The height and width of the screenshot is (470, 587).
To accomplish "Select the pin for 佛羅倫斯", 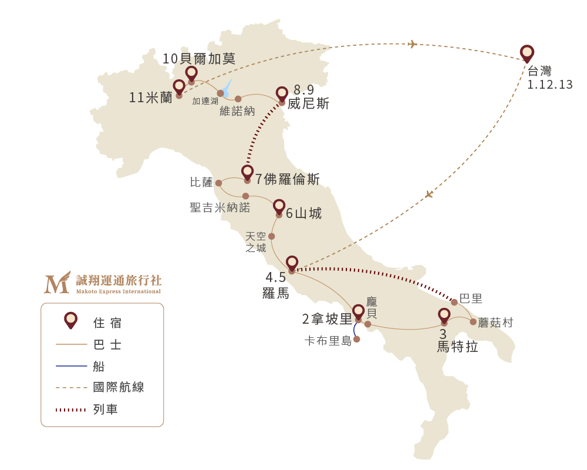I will pyautogui.click(x=247, y=172).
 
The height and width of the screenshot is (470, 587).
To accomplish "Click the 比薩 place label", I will pyautogui.click(x=201, y=182).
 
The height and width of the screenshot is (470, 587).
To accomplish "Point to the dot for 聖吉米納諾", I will pyautogui.click(x=245, y=196).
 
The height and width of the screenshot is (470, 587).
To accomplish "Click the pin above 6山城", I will pyautogui.click(x=279, y=206).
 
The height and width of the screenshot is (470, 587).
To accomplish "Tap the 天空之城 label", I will pyautogui.click(x=256, y=242).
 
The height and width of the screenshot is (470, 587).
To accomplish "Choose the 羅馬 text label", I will pyautogui.click(x=276, y=293).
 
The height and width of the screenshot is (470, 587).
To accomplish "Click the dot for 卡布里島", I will pyautogui.click(x=356, y=339).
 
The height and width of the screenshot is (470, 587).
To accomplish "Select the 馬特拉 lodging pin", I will pyautogui.click(x=444, y=315).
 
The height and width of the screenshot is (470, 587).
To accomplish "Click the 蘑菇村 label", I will pyautogui.click(x=495, y=323).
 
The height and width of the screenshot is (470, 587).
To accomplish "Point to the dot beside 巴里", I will pyautogui.click(x=454, y=302).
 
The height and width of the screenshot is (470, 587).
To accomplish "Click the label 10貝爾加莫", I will pyautogui.click(x=199, y=59).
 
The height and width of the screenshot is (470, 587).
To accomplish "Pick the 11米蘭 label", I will pyautogui.click(x=151, y=98).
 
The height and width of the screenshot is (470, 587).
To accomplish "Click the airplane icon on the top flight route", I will pyautogui.click(x=413, y=44).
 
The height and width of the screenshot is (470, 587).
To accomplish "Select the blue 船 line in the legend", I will pyautogui.click(x=71, y=366).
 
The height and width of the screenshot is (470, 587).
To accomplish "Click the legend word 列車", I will pyautogui.click(x=106, y=409).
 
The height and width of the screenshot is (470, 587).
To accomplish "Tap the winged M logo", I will pyautogui.click(x=57, y=283).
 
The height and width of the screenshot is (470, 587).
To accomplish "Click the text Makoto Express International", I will pyautogui.click(x=118, y=291).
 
